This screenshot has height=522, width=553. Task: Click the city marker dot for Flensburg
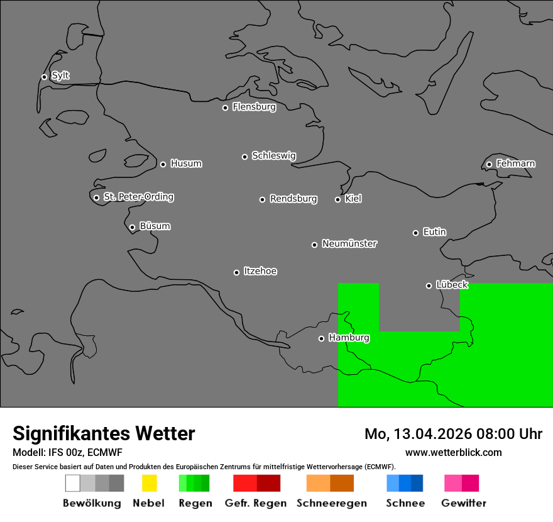(x=225, y=108)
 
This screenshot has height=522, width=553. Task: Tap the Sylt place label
(x=60, y=75)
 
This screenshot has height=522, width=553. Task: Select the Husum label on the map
(x=186, y=164)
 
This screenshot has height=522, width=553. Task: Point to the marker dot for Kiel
(x=337, y=199)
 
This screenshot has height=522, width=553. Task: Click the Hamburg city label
(x=349, y=338)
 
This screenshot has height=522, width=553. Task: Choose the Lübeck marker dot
(x=429, y=286)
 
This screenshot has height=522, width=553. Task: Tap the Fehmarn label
(x=515, y=164)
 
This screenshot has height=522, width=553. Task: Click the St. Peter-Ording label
(x=138, y=197)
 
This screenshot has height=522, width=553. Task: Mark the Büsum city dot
(x=132, y=227)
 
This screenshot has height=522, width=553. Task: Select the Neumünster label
(x=349, y=243)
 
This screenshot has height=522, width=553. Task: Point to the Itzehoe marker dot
(x=236, y=272)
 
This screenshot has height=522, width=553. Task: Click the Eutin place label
(x=434, y=232)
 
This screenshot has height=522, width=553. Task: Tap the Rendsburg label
(x=293, y=199)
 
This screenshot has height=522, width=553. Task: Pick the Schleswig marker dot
(x=244, y=157)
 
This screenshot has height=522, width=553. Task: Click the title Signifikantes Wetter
(x=104, y=433)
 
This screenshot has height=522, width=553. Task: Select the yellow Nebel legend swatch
(x=149, y=483)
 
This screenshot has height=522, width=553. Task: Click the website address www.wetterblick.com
(x=453, y=452)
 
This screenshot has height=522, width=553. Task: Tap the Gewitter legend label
(x=463, y=503)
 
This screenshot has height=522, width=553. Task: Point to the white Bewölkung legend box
(x=73, y=483)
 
